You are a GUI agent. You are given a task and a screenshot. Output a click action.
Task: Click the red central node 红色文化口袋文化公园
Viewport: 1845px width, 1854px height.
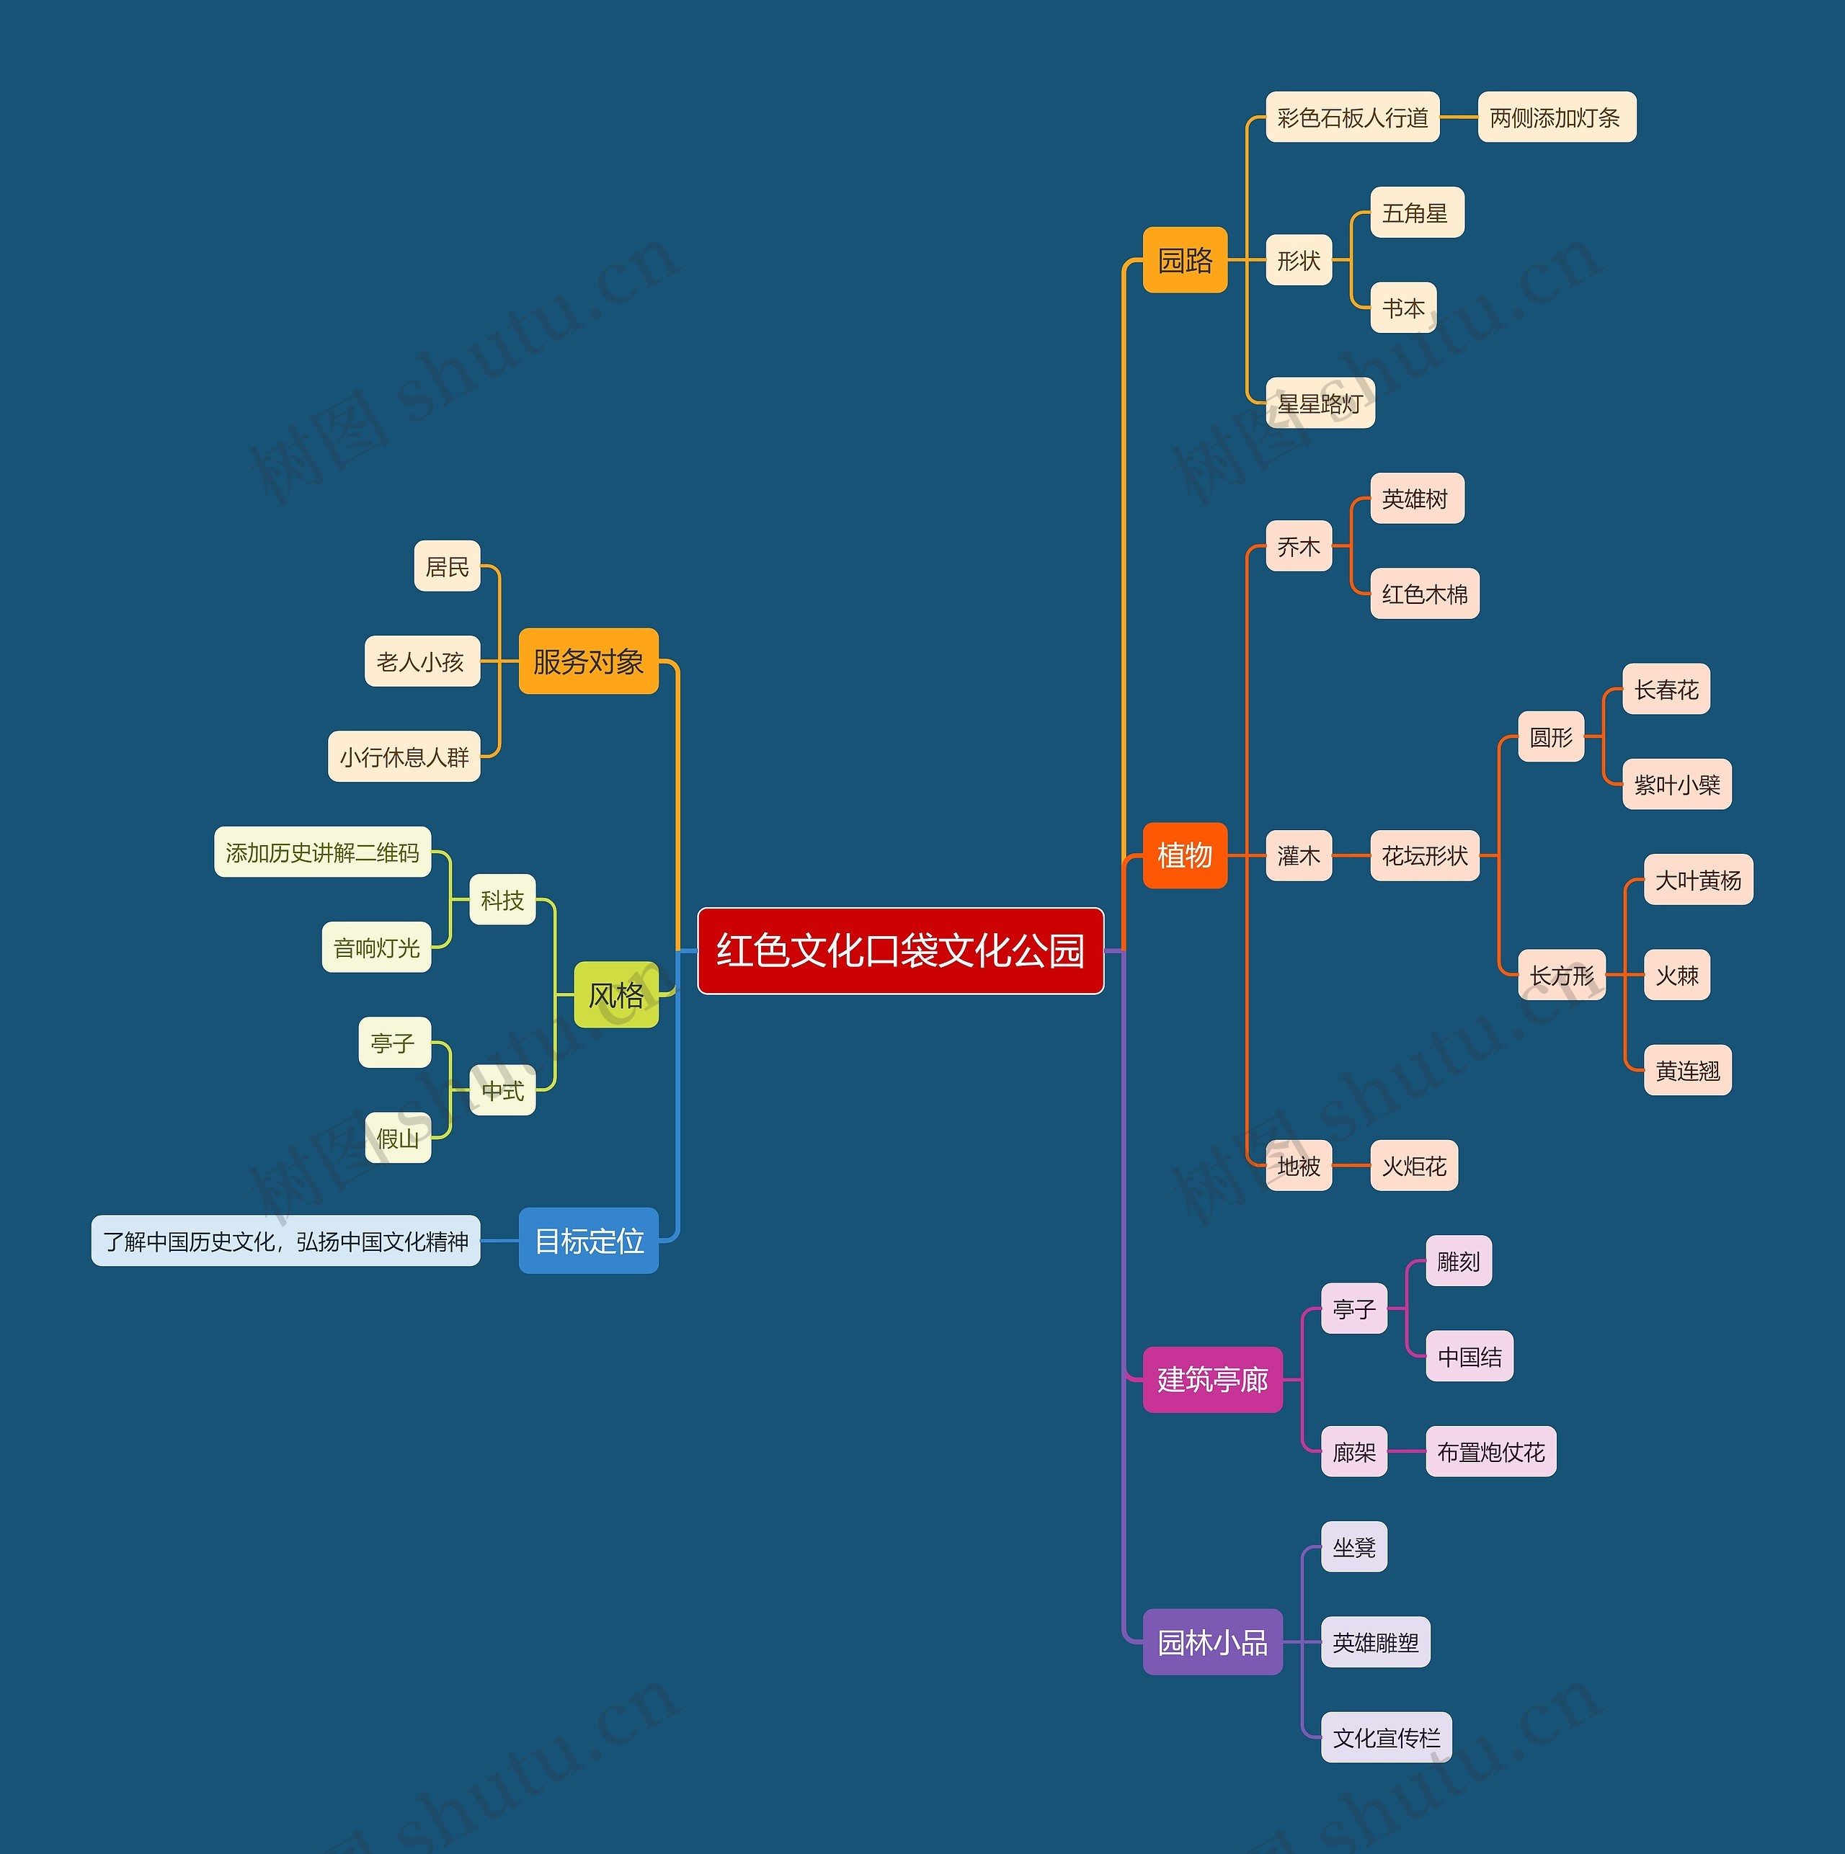click(x=899, y=950)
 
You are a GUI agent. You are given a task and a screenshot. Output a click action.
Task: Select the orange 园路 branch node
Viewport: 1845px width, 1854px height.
click(x=1185, y=260)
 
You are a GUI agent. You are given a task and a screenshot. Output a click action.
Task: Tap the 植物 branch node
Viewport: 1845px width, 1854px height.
click(x=1185, y=855)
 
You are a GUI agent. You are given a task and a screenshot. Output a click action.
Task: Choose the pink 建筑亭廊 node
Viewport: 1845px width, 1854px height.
click(x=1212, y=1380)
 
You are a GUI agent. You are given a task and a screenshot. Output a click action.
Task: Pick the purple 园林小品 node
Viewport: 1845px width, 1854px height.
click(x=1212, y=1642)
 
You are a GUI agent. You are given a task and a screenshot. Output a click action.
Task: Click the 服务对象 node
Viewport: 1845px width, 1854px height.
click(x=587, y=661)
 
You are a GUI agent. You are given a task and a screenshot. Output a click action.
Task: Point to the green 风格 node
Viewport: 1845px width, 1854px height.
click(x=615, y=995)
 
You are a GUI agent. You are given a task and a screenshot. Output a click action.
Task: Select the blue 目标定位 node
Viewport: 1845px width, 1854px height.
click(x=587, y=1241)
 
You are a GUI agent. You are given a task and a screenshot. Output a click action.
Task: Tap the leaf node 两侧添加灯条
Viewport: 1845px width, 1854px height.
click(x=1555, y=117)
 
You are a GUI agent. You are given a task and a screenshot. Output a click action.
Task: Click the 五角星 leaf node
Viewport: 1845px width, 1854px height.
click(x=1416, y=213)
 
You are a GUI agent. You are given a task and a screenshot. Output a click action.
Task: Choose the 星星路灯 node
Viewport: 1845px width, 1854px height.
click(x=1320, y=403)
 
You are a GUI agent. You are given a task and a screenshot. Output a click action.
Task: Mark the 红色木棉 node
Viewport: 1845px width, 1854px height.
click(x=1425, y=594)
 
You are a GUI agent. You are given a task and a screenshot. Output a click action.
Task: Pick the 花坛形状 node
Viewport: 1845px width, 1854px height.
click(x=1425, y=855)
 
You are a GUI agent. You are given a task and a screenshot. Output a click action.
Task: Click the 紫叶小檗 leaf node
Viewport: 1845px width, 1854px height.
click(x=1676, y=785)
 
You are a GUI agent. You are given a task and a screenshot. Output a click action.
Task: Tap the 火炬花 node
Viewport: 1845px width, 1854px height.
click(x=1413, y=1166)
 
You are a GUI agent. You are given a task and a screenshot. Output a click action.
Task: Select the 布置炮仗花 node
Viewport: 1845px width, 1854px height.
click(x=1490, y=1452)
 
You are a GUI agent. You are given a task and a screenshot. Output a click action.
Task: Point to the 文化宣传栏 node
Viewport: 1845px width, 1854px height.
click(x=1385, y=1738)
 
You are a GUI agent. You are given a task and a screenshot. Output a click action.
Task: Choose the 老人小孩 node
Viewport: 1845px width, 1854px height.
click(x=422, y=661)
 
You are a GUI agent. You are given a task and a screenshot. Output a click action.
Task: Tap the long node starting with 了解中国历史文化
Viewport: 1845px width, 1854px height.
click(x=285, y=1241)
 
